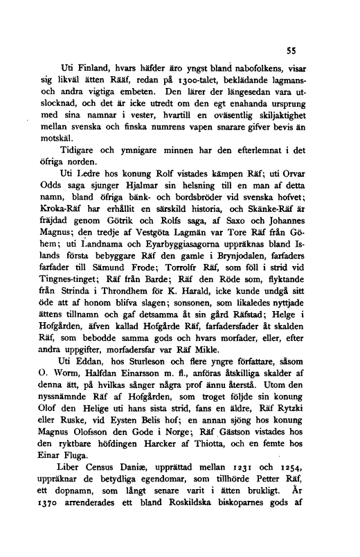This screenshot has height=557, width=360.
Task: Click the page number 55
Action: coord(293,50)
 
